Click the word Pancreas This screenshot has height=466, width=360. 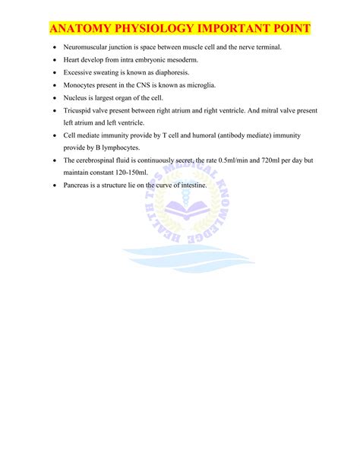pos(77,185)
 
